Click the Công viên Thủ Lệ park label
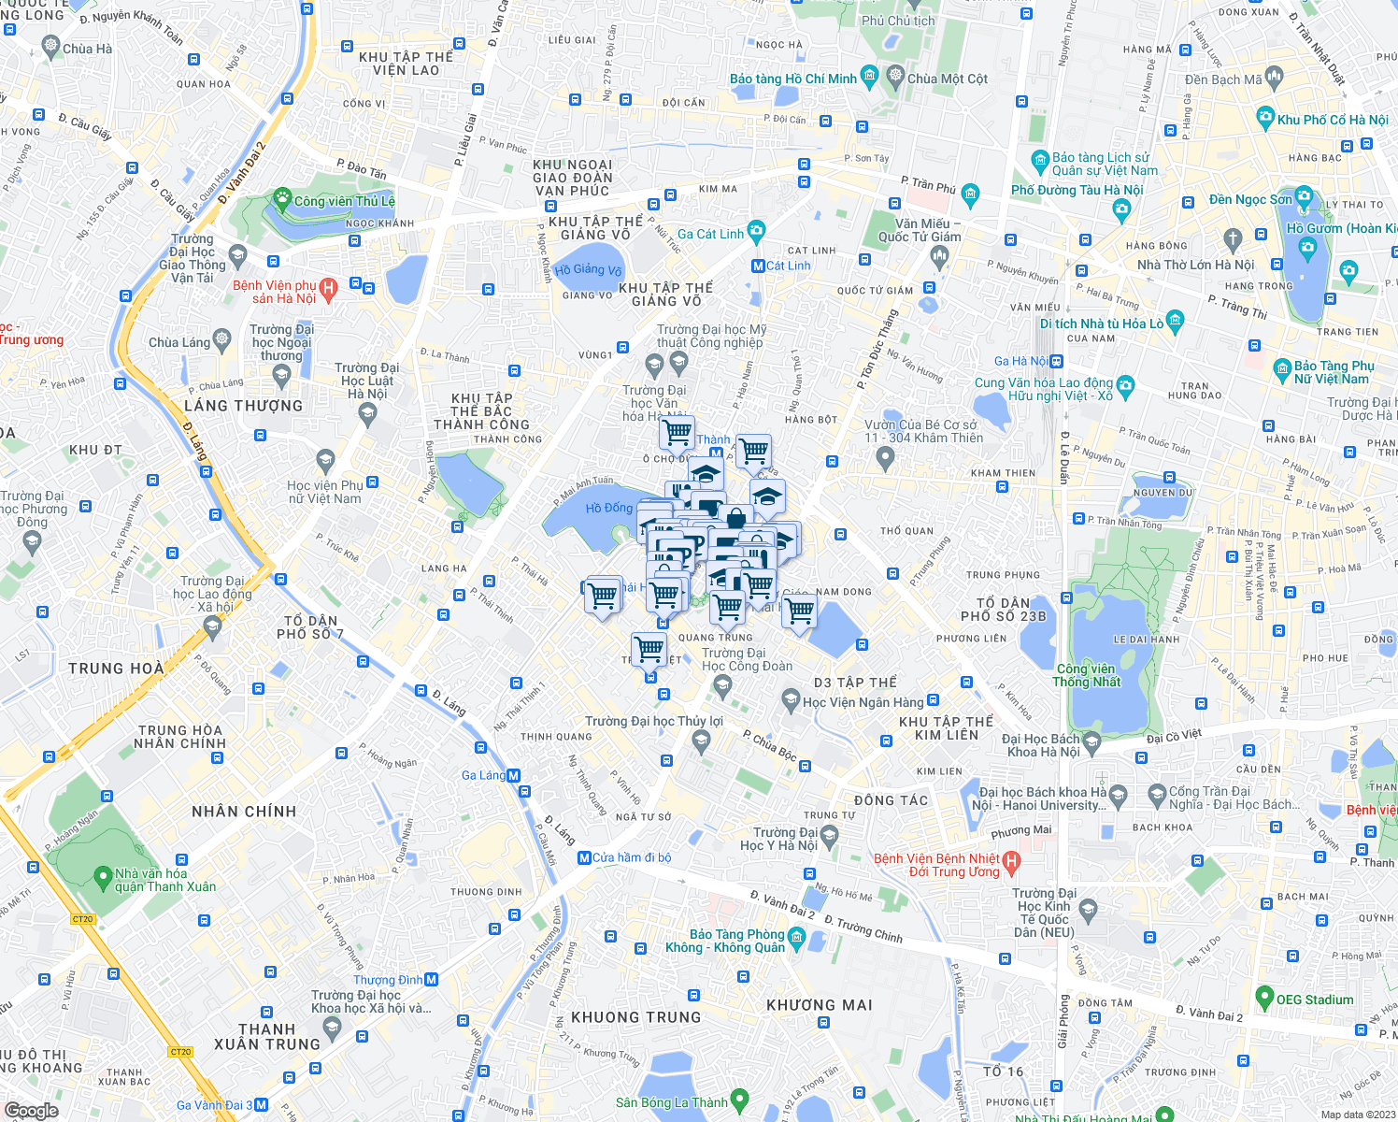point(344,201)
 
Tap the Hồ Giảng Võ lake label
point(588,270)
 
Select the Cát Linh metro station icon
point(759,266)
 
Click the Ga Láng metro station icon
point(514,775)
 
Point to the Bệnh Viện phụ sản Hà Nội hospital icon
point(328,290)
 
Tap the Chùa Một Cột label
point(948,79)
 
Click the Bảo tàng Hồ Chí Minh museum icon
point(869,75)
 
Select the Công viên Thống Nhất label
point(1086,675)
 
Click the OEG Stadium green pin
point(1264,997)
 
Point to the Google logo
point(32,1110)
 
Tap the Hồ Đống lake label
point(609,508)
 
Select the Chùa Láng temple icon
point(221,338)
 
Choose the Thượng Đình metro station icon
point(432,980)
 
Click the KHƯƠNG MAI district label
point(820,1005)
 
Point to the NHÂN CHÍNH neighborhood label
point(244,812)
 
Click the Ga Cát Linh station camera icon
point(756,230)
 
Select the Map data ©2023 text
point(1357,1115)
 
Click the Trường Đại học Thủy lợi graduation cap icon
point(701,741)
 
